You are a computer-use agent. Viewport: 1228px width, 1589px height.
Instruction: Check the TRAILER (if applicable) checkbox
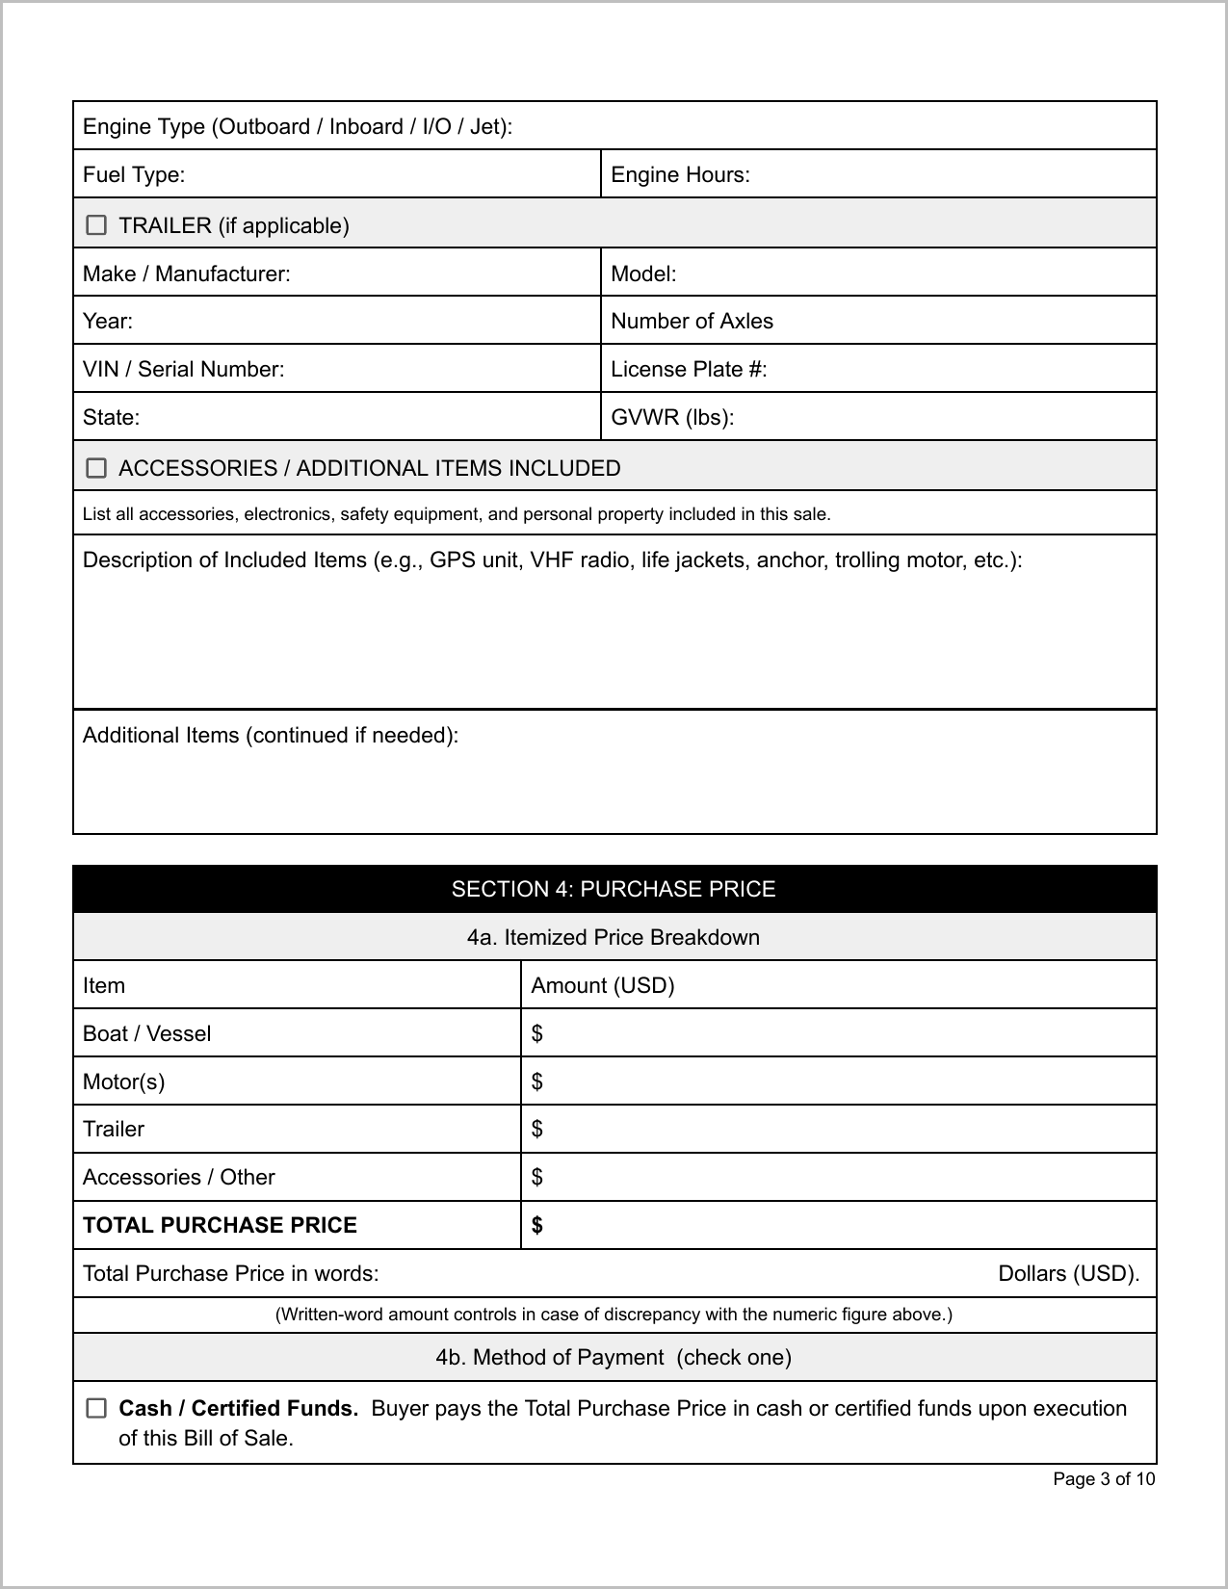coord(96,224)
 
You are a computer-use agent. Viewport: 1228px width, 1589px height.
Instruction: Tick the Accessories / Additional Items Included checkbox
coord(96,468)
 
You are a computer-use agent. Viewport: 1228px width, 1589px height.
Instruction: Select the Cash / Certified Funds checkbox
coord(96,1408)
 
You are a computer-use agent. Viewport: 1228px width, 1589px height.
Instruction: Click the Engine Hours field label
coord(680,174)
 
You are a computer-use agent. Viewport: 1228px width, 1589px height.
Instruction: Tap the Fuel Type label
coord(134,174)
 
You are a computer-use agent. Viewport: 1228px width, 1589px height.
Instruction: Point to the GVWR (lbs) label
coord(672,417)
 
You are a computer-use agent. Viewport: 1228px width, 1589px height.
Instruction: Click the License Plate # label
coord(689,369)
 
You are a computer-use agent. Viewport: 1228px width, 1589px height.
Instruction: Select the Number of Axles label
coord(692,321)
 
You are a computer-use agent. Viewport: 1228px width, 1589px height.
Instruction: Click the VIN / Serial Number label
coord(183,369)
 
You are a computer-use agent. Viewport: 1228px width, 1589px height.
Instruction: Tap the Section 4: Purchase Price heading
coord(614,889)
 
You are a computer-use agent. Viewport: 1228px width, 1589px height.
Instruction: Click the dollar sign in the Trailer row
coord(537,1129)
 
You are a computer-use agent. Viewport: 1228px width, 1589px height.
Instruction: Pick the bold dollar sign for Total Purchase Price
coord(537,1225)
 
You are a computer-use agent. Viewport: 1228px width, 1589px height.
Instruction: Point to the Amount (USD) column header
coord(603,985)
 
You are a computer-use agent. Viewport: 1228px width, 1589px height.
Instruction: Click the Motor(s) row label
coord(123,1081)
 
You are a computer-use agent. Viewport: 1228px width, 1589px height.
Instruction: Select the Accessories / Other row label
coord(179,1177)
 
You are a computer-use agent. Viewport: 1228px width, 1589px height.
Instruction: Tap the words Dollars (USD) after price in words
coord(1068,1273)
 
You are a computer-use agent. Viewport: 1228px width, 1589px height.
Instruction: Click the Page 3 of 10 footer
coord(1103,1478)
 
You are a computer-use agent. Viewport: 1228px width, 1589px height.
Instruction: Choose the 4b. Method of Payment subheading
coord(614,1357)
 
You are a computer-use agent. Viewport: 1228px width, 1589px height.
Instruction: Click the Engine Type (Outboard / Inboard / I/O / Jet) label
coord(298,126)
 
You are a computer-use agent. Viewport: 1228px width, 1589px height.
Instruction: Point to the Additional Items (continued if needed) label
coord(271,735)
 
